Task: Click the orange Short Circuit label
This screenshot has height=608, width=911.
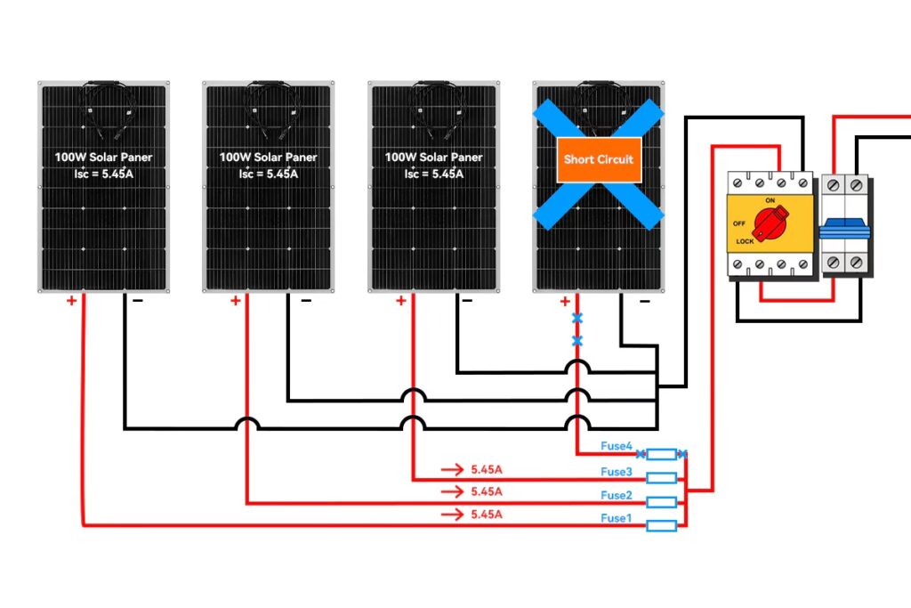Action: [598, 159]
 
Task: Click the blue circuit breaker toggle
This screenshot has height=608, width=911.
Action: [844, 228]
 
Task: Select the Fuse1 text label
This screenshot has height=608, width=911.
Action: [617, 518]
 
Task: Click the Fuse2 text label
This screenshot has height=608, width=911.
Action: [617, 495]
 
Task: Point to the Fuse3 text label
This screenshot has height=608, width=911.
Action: [617, 472]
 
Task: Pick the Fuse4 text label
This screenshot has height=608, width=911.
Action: [617, 446]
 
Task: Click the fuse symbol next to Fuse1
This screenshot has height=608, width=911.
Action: [661, 526]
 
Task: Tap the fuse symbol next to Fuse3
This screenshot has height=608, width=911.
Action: [661, 479]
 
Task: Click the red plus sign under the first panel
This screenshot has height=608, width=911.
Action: [71, 301]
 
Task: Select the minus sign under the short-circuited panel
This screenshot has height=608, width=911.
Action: [644, 302]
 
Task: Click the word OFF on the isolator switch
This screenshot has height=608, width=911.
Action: [739, 223]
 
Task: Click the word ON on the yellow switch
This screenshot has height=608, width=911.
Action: [770, 200]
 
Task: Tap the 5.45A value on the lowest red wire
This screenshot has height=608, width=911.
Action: [487, 515]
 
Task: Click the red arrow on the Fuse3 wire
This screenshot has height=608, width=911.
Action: [452, 468]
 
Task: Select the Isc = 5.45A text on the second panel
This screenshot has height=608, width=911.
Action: [268, 174]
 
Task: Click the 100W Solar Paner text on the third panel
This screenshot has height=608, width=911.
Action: [433, 157]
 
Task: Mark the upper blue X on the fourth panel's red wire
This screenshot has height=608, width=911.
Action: [577, 318]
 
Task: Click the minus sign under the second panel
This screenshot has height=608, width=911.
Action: [306, 301]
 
